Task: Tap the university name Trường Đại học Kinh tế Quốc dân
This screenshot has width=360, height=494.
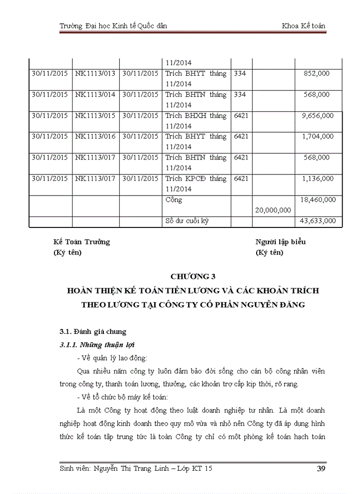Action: [113, 26]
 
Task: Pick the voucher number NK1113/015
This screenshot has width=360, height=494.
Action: [95, 116]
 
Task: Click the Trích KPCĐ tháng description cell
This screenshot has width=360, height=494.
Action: [196, 179]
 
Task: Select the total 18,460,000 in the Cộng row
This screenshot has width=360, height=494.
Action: [317, 200]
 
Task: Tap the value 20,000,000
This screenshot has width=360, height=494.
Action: [273, 210]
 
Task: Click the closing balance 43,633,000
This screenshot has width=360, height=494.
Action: [317, 221]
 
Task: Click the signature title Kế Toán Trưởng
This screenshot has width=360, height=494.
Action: [82, 242]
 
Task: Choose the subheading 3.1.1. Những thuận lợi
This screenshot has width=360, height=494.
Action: [97, 344]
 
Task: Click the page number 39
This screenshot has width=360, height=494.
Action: [319, 469]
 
